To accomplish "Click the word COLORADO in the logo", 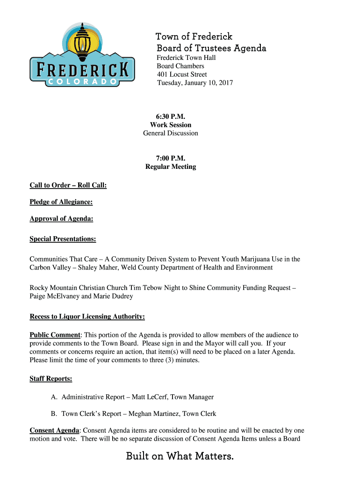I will (x=82, y=81).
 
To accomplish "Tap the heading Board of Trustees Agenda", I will (x=211, y=48).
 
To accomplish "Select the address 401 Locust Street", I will (x=182, y=74).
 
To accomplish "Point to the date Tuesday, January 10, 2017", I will (x=194, y=83).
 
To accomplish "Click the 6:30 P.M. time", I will (x=171, y=116).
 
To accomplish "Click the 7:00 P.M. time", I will (x=171, y=158).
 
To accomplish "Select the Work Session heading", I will (x=171, y=125).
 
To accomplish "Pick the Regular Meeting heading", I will (x=171, y=167).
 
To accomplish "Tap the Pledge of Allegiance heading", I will (x=61, y=202).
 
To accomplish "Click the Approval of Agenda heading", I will (x=61, y=219).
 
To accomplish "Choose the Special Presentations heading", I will (x=63, y=239).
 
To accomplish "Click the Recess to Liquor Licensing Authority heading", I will (x=87, y=317).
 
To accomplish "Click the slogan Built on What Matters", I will (x=180, y=456).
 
